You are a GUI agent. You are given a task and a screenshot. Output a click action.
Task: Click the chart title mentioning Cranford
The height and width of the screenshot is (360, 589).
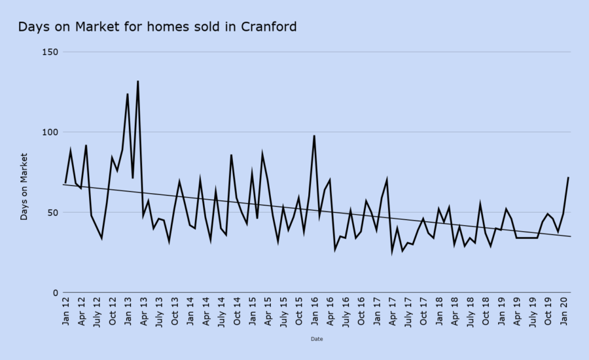pyautogui.click(x=157, y=27)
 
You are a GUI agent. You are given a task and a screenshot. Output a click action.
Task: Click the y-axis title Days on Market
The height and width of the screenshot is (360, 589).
pyautogui.click(x=24, y=187)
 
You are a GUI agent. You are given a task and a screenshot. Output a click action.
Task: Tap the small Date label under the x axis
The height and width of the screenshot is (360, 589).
pyautogui.click(x=317, y=339)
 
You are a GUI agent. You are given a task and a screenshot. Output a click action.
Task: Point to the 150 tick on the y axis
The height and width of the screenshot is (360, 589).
pyautogui.click(x=49, y=52)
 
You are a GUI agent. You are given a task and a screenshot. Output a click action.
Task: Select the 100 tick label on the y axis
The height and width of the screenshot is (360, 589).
pyautogui.click(x=49, y=132)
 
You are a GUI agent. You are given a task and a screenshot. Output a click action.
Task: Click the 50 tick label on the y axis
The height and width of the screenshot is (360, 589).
pyautogui.click(x=52, y=213)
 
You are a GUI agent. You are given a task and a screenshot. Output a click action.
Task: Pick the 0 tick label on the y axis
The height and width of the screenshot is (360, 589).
pyautogui.click(x=55, y=293)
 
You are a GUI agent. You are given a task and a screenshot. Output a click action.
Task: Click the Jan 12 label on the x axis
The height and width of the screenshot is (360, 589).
pyautogui.click(x=65, y=310)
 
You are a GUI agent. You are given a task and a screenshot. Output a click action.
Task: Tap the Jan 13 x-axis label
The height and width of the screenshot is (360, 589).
pyautogui.click(x=128, y=310)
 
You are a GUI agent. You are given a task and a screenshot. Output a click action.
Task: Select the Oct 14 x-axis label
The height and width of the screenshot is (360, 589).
pyautogui.click(x=237, y=310)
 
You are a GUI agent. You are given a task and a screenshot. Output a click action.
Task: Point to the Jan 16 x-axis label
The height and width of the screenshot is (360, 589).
pyautogui.click(x=315, y=310)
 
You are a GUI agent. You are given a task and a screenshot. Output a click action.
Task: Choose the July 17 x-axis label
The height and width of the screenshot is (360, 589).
pyautogui.click(x=408, y=312)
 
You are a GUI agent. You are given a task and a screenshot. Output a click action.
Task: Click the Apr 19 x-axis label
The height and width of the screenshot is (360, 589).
pyautogui.click(x=517, y=310)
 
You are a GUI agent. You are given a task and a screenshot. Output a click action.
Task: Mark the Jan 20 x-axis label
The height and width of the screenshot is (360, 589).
pyautogui.click(x=564, y=310)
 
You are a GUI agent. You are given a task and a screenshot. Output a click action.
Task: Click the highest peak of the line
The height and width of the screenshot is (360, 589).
pyautogui.click(x=137, y=81)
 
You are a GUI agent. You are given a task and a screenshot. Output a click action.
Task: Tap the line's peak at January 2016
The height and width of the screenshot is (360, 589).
pyautogui.click(x=314, y=135)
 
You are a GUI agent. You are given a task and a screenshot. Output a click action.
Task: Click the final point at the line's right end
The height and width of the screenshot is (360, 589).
pyautogui.click(x=568, y=177)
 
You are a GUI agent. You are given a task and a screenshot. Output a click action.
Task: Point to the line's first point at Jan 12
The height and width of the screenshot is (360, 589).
pyautogui.click(x=65, y=183)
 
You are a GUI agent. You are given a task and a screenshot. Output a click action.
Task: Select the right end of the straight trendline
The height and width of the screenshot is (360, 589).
pyautogui.click(x=571, y=236)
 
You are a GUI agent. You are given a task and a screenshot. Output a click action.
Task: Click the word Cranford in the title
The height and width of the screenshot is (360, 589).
pyautogui.click(x=268, y=27)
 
